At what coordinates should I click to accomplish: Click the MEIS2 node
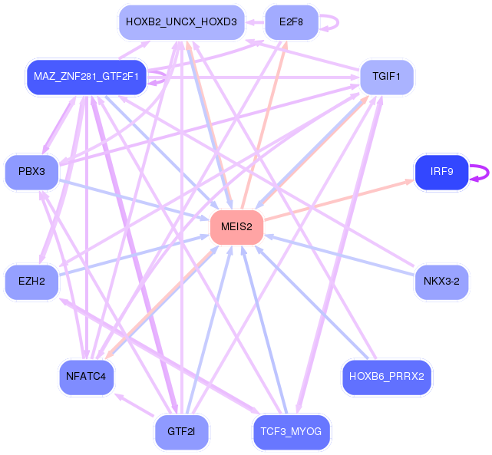click(x=236, y=227)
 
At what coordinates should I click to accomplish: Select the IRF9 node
click(x=441, y=172)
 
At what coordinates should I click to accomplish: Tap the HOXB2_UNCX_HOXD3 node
click(x=181, y=22)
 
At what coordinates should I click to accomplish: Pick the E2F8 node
click(x=292, y=22)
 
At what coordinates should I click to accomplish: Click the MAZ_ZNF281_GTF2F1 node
click(x=86, y=77)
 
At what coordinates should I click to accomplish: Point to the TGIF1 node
click(x=387, y=77)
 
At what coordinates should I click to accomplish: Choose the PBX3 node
click(x=31, y=172)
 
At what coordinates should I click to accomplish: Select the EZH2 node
click(x=31, y=282)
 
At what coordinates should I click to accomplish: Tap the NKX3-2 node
click(x=441, y=282)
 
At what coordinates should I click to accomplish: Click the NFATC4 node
click(x=86, y=377)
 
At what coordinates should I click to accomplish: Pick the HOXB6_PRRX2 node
click(x=387, y=377)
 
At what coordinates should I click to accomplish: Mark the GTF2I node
click(x=181, y=432)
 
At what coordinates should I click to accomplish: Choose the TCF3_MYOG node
click(x=292, y=432)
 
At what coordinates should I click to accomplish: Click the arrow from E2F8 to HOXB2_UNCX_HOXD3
click(x=255, y=22)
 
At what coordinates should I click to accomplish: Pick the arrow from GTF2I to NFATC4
click(x=134, y=405)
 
